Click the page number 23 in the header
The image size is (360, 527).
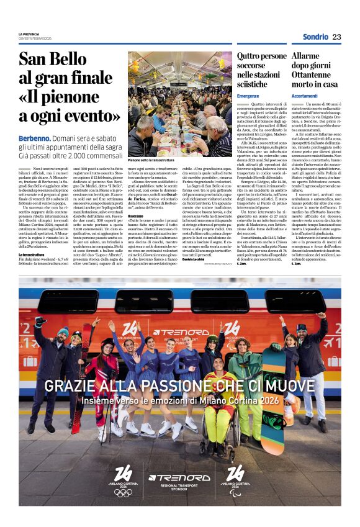(x=336, y=37)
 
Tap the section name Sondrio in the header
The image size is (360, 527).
(x=315, y=37)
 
